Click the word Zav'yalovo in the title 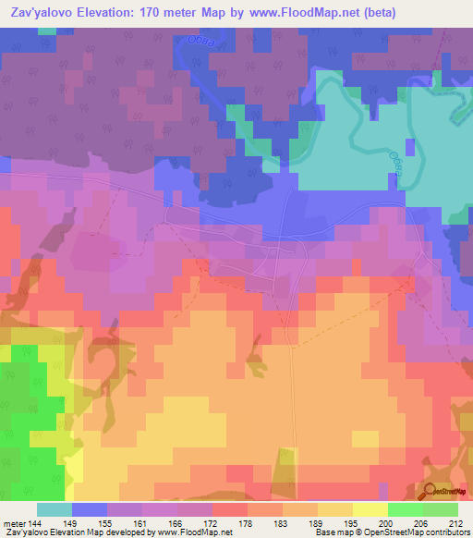pyautogui.click(x=46, y=13)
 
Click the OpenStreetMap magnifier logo pyautogui.click(x=430, y=492)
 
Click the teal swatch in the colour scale pyautogui.click(x=54, y=508)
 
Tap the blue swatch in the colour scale pyautogui.click(x=89, y=508)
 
